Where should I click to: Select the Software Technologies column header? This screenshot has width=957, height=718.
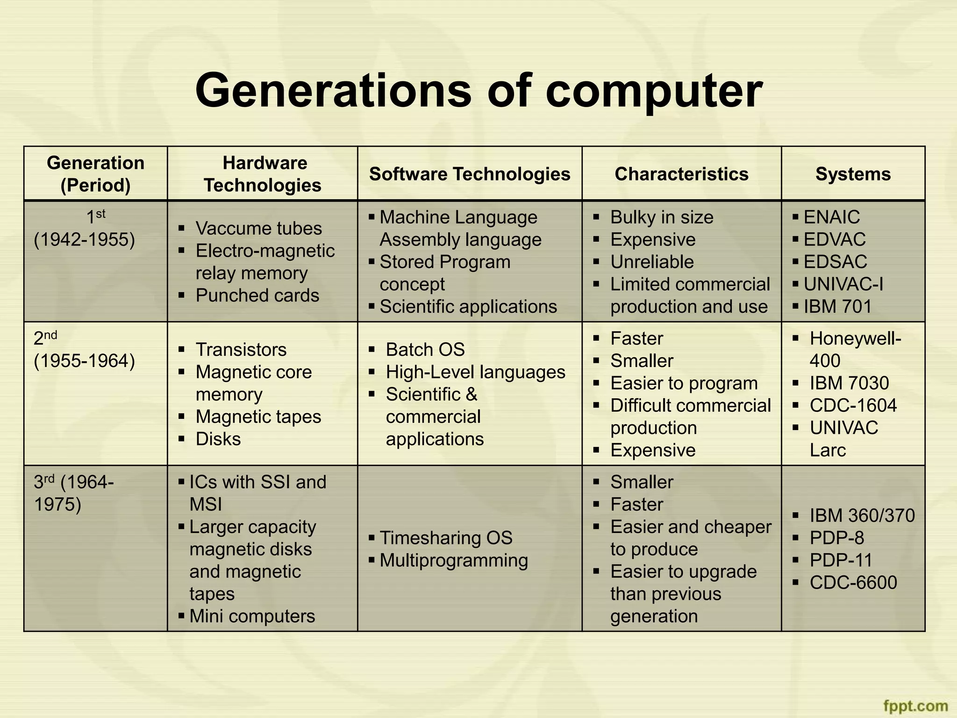tap(470, 174)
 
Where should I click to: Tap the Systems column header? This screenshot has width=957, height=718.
tap(853, 174)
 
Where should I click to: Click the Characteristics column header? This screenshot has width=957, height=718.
tap(681, 174)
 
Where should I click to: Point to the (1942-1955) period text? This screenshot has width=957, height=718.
tap(85, 239)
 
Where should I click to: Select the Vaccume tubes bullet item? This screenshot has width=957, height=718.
tap(258, 228)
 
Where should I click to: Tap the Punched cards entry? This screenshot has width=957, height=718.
tap(257, 295)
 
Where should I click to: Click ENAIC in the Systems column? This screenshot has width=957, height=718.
tap(831, 217)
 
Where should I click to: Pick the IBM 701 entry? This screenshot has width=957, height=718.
tap(837, 307)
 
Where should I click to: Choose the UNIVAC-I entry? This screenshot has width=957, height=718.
tap(843, 284)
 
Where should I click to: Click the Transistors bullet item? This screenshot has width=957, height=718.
tap(241, 350)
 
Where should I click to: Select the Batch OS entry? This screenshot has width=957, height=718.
tap(425, 350)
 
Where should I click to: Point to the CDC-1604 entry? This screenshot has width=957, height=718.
tap(853, 405)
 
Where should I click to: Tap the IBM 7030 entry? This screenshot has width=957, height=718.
tap(849, 383)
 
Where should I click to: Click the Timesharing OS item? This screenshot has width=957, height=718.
tap(446, 538)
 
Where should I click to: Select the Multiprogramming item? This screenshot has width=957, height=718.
tap(454, 560)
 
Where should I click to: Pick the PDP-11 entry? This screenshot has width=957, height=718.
tap(841, 560)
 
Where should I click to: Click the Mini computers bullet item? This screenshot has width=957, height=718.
tap(252, 616)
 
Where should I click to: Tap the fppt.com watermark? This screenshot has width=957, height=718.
tap(915, 705)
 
